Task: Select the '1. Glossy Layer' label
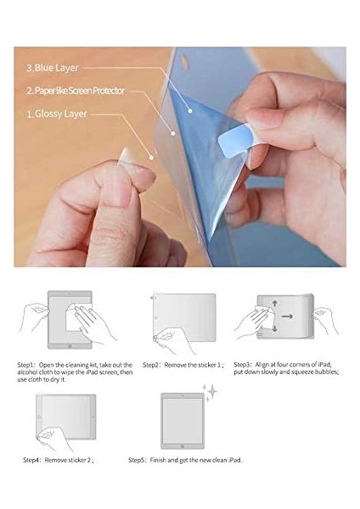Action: [x=56, y=111]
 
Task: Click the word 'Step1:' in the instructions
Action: [x=27, y=364]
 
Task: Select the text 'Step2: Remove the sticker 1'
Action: [x=182, y=364]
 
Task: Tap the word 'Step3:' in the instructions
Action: [x=244, y=364]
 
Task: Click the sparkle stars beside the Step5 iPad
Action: [x=208, y=391]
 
